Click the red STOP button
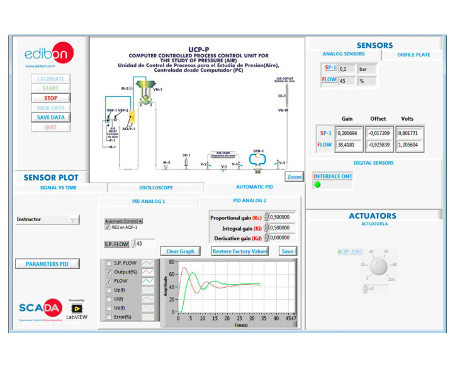(x=50, y=98)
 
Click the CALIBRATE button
(x=50, y=79)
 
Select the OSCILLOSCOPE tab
(x=155, y=187)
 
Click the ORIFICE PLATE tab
(x=413, y=55)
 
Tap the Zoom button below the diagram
(x=294, y=177)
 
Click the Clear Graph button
(x=180, y=251)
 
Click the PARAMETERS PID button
(x=47, y=264)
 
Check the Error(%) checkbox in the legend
(x=110, y=317)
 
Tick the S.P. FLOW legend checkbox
(x=110, y=263)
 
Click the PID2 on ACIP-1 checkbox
(x=108, y=227)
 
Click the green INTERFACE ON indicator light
(x=318, y=185)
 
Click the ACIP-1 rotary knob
(x=378, y=266)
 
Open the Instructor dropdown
(x=47, y=220)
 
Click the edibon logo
(x=43, y=55)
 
